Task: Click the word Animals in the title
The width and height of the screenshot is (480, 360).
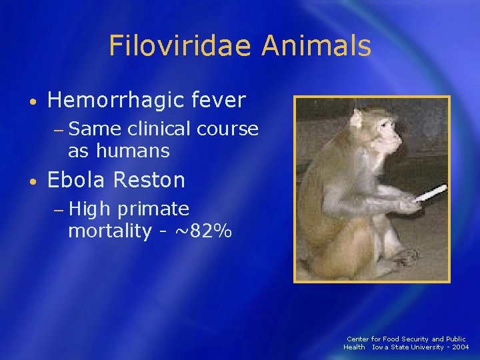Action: pyautogui.click(x=317, y=46)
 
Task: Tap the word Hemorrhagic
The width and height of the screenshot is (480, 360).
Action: pyautogui.click(x=115, y=101)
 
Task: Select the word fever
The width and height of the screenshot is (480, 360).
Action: pyautogui.click(x=218, y=101)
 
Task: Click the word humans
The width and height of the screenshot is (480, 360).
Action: pyautogui.click(x=133, y=151)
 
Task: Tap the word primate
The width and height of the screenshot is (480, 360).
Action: pyautogui.click(x=153, y=209)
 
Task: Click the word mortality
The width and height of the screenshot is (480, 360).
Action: pyautogui.click(x=110, y=232)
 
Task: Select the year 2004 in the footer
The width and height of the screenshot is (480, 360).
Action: pyautogui.click(x=459, y=347)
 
